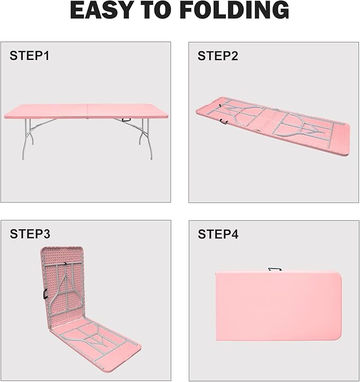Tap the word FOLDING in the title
235,10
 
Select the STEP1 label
30,56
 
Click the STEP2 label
218,56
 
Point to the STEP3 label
30,233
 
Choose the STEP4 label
218,234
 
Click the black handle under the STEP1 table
126,120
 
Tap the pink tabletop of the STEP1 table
86,111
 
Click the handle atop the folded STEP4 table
275,269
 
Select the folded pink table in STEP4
278,306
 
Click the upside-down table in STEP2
273,126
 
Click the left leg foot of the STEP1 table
23,158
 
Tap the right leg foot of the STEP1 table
151,158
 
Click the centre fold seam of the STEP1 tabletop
87,111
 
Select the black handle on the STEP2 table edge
224,121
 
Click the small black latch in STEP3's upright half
65,264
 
